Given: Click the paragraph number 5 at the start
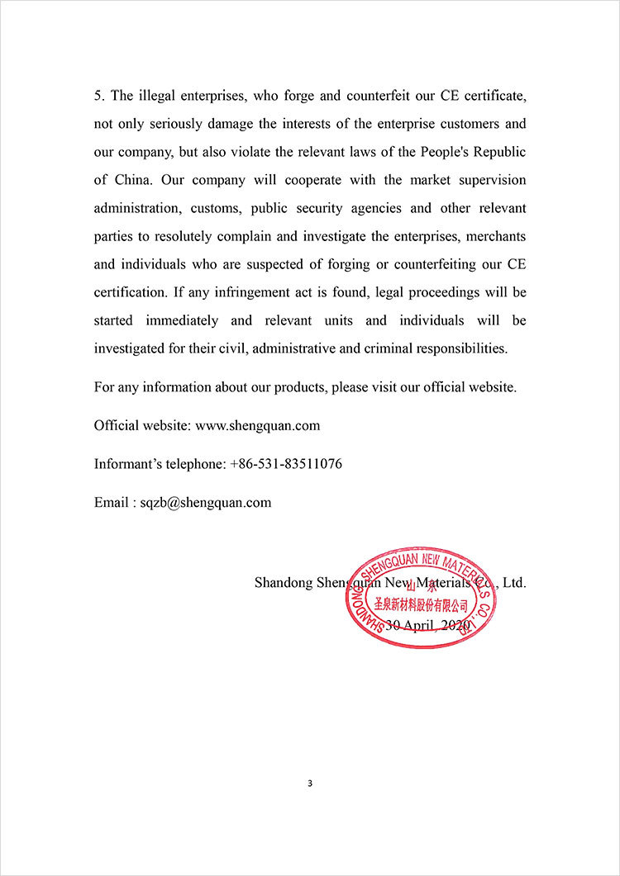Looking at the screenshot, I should [x=98, y=96].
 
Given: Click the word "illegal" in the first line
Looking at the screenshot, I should [x=157, y=96].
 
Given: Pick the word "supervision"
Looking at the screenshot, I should [x=493, y=180].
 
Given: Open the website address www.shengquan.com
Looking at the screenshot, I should [x=257, y=426].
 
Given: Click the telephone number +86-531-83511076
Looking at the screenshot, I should [x=285, y=464].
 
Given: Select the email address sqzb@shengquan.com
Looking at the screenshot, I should [x=204, y=502].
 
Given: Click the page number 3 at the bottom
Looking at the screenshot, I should [x=309, y=784].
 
